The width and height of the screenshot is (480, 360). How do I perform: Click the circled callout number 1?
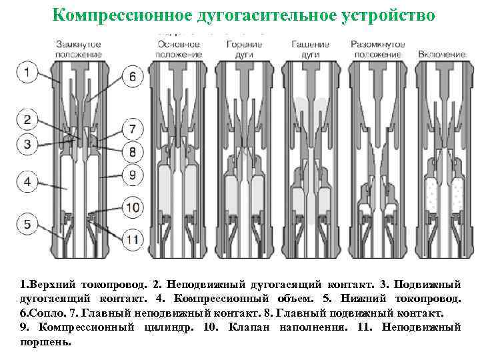click(x=27, y=72)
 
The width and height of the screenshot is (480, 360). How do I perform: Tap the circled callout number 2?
click(x=27, y=121)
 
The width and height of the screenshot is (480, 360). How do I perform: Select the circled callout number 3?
click(x=27, y=143)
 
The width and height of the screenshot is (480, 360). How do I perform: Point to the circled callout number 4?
click(x=27, y=181)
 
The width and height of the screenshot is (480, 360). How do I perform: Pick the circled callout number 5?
click(x=27, y=224)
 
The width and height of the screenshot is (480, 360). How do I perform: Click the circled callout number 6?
click(x=133, y=77)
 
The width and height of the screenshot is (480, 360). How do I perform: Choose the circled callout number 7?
click(x=133, y=129)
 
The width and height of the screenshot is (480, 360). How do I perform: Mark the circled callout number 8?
click(x=133, y=152)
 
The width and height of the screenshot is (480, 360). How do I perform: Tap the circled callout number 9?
click(x=133, y=176)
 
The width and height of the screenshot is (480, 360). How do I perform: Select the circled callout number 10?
click(x=133, y=207)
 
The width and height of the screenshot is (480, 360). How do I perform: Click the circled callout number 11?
click(x=133, y=237)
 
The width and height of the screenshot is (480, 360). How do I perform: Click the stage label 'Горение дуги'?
click(x=243, y=49)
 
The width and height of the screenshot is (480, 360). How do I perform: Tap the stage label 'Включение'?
click(x=442, y=53)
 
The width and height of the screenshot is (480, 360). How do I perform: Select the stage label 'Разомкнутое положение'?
click(x=377, y=49)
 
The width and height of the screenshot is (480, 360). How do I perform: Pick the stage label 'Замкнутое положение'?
click(x=78, y=49)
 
